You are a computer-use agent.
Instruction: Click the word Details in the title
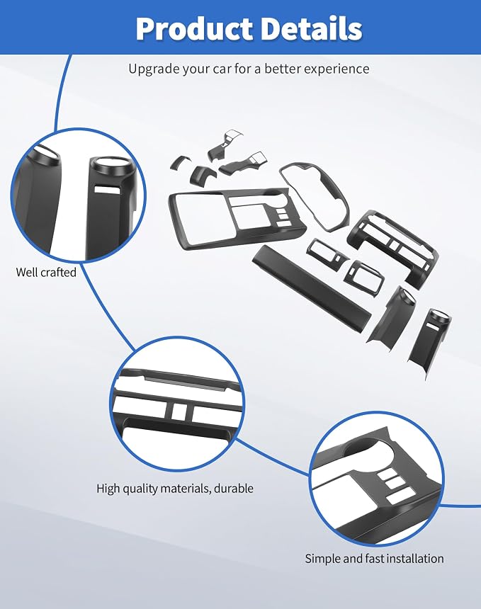312,28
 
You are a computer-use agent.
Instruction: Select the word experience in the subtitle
336,69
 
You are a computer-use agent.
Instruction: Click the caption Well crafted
46,272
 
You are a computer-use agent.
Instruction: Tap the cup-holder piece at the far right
429,342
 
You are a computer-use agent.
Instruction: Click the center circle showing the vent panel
177,404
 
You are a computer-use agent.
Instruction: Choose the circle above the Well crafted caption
78,195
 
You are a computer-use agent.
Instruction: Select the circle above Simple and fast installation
378,479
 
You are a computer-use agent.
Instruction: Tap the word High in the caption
108,488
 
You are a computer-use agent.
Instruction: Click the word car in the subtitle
222,69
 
